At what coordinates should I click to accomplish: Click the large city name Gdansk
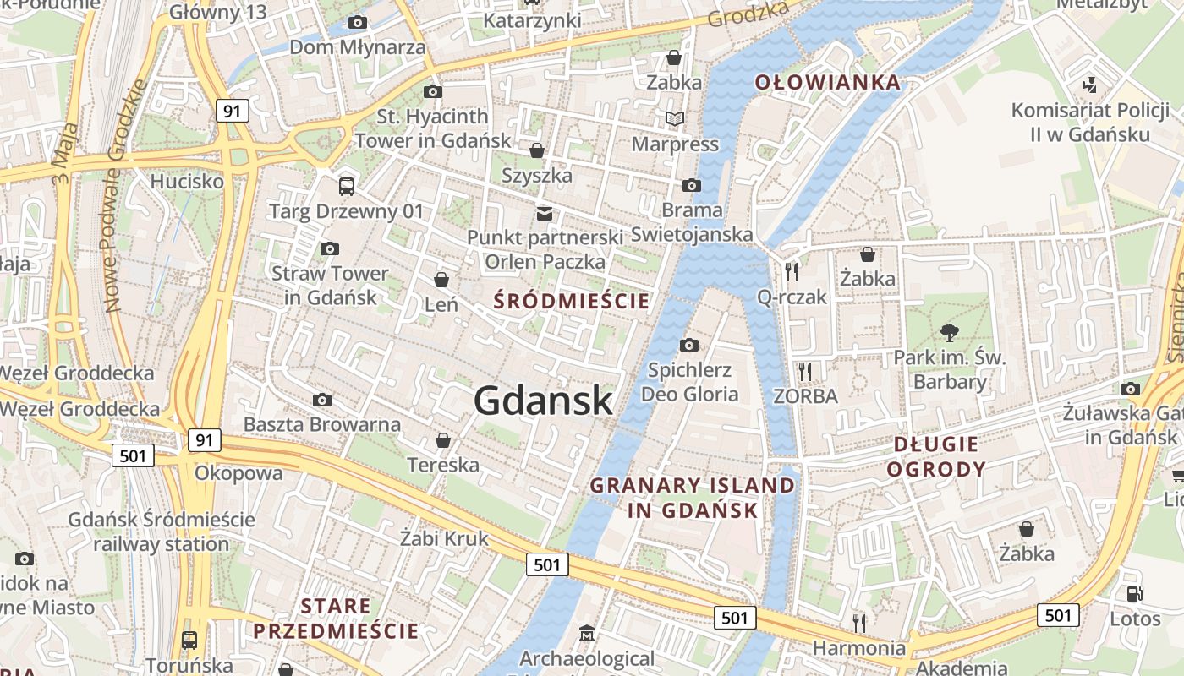(x=543, y=400)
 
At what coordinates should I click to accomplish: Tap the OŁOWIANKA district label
(x=827, y=82)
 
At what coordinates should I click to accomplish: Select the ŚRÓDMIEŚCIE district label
(x=572, y=301)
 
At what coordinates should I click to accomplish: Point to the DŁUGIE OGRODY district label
(x=936, y=456)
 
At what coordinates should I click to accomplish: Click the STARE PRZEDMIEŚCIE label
(x=336, y=619)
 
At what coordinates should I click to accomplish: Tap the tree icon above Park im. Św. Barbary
(x=950, y=332)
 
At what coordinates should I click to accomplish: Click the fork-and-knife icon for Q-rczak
(x=792, y=271)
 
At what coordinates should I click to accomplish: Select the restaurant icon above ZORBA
(x=805, y=371)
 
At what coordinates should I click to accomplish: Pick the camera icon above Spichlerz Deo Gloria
(x=689, y=345)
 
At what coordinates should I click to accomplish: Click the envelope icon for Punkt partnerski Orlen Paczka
(x=545, y=213)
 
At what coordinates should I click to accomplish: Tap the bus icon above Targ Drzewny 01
(x=346, y=187)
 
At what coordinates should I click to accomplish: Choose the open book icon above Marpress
(x=674, y=119)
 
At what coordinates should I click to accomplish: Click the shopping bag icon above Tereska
(x=442, y=440)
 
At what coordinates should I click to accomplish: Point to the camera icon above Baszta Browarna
(x=322, y=400)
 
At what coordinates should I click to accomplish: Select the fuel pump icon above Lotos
(x=1134, y=594)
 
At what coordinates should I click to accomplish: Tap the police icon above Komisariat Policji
(x=1090, y=85)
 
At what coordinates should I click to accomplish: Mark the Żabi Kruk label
(x=444, y=538)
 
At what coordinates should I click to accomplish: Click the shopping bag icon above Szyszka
(x=536, y=151)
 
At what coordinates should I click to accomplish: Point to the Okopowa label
(x=238, y=472)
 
